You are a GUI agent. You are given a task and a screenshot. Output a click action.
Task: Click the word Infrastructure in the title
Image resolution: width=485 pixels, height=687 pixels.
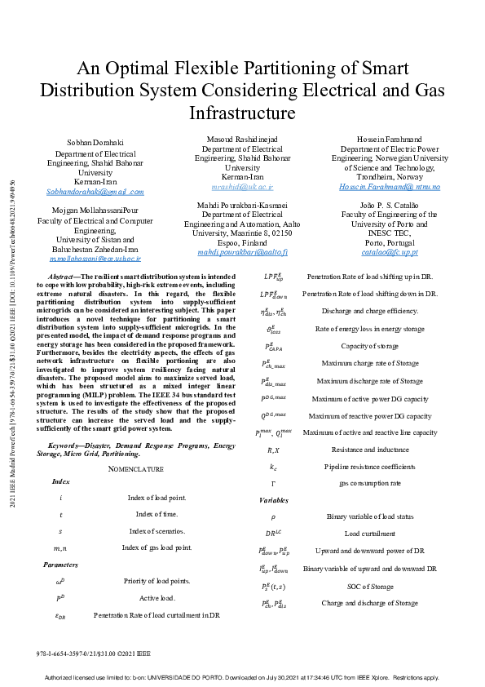point(242,113)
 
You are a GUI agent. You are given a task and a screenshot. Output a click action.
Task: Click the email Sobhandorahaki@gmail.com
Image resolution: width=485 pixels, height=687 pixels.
point(95,192)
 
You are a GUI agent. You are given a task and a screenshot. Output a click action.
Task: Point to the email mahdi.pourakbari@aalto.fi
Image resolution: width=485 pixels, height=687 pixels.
point(242,254)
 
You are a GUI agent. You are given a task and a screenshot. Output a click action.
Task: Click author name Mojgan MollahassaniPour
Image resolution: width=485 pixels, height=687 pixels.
point(95,210)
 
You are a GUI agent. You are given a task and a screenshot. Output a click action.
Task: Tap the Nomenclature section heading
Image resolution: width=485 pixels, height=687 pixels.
point(136,468)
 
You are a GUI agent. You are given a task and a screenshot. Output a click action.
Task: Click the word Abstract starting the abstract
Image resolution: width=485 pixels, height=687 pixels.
point(63,277)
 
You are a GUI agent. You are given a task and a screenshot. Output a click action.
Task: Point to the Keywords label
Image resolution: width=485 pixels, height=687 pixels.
point(69,445)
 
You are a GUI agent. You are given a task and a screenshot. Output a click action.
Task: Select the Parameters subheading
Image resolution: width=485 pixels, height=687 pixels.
point(61,565)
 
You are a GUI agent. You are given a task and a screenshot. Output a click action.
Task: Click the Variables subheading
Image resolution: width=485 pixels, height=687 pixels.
point(274,499)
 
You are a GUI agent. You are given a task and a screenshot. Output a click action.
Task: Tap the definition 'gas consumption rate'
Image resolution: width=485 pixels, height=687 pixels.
point(369,483)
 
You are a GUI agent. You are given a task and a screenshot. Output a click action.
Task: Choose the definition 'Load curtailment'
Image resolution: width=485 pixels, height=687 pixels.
point(369,534)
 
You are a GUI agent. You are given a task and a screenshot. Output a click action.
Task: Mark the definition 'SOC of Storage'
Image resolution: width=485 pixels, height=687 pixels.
point(369,587)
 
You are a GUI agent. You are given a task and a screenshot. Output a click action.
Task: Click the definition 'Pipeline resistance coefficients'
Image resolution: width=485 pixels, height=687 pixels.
point(369,467)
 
